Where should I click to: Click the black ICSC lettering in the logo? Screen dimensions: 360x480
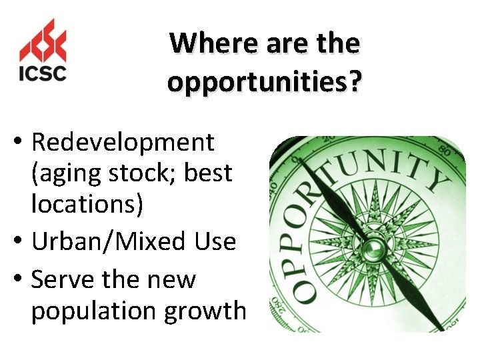point(43,72)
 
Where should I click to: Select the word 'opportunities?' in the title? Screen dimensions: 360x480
point(265,82)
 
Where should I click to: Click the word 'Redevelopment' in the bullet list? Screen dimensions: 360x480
point(123,142)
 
